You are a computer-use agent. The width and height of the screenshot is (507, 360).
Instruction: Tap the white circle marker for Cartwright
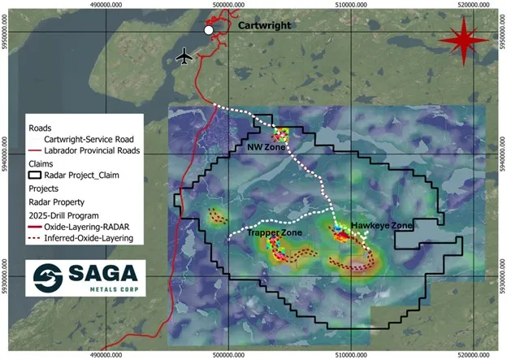[209, 29]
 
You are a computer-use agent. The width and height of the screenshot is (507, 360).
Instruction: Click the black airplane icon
[185, 56]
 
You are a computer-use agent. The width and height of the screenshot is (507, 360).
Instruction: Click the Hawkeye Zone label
[381, 225]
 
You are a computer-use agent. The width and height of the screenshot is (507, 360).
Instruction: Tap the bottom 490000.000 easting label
[110, 355]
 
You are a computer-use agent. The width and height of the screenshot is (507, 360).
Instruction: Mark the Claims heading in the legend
[41, 162]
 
